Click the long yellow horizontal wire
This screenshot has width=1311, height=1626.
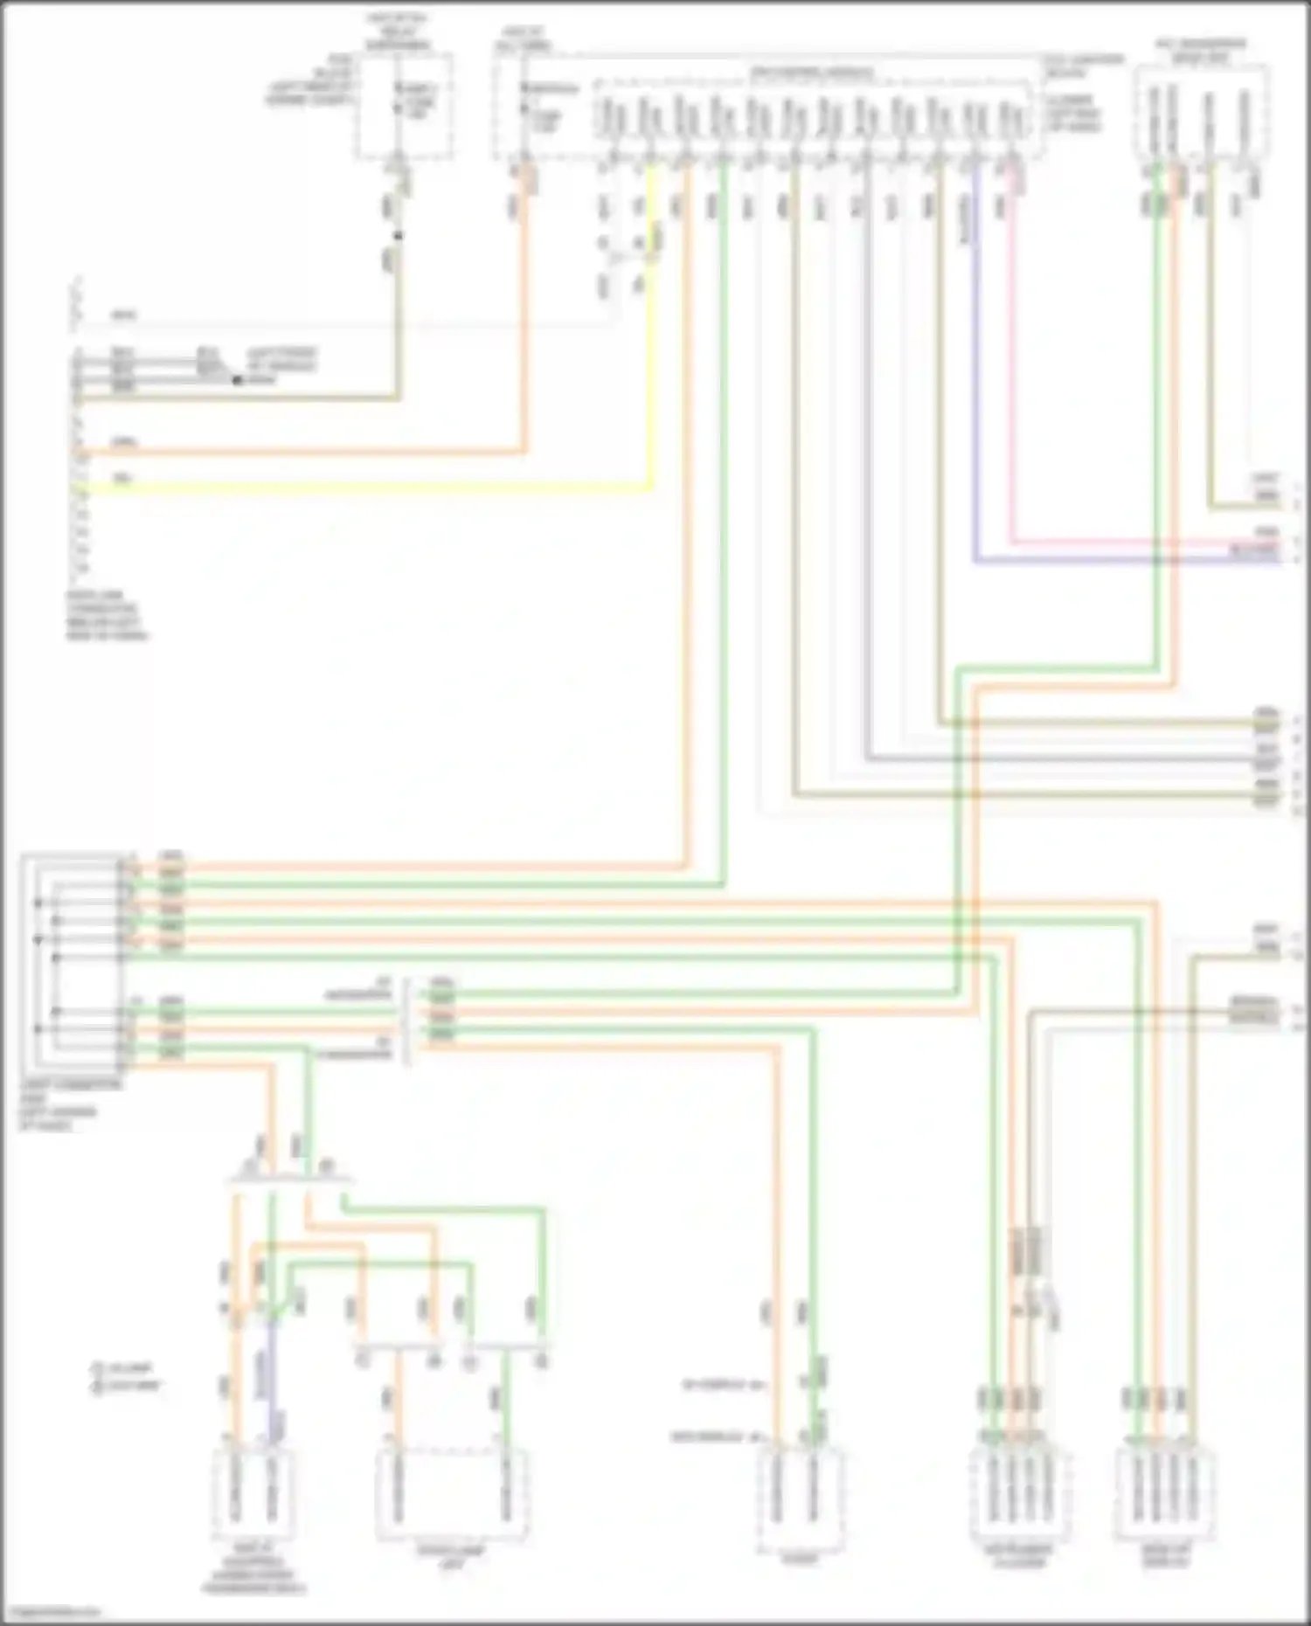point(367,491)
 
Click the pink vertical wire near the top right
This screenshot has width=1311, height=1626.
point(1013,349)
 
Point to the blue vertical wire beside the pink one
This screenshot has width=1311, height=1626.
point(975,349)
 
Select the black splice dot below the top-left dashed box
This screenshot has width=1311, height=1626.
point(398,235)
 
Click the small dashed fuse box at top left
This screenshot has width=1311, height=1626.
point(404,105)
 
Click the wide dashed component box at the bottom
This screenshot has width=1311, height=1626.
point(452,1494)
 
